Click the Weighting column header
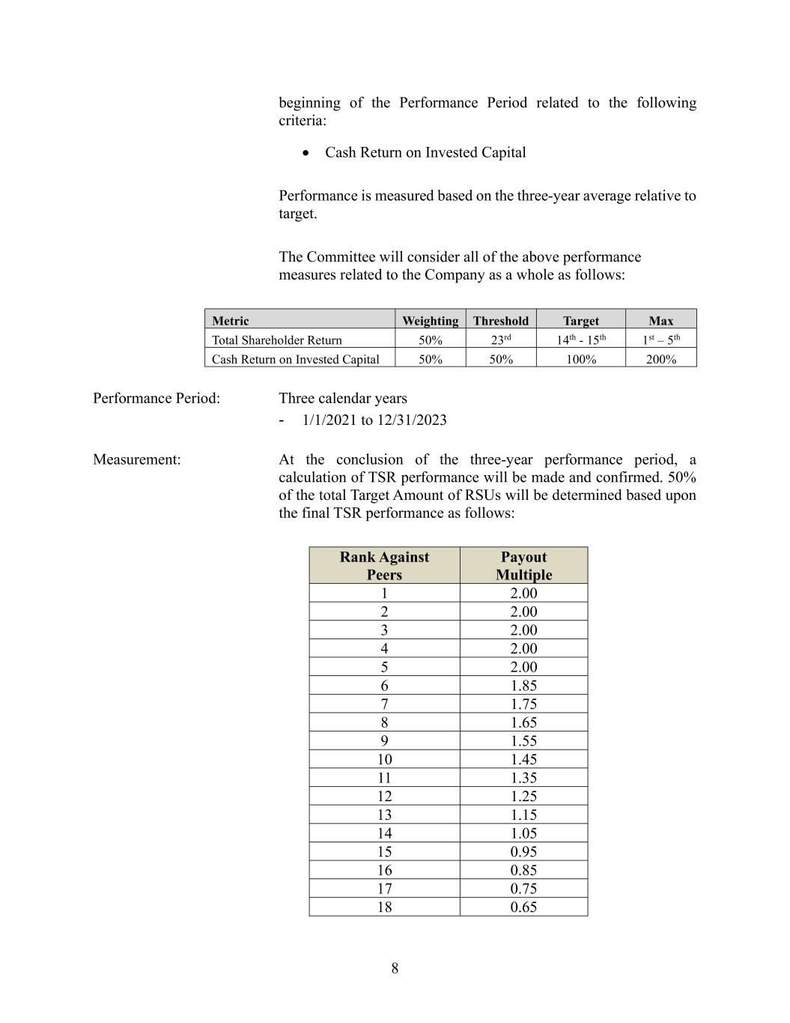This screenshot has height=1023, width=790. click(430, 321)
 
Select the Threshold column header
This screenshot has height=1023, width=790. click(501, 321)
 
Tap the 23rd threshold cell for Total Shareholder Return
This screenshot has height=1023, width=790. click(501, 340)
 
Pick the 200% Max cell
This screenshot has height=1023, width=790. click(660, 359)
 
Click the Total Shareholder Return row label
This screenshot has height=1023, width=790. click(276, 340)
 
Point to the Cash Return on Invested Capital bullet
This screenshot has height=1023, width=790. click(425, 152)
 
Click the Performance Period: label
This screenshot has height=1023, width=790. click(157, 398)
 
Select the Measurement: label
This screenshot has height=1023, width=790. click(137, 459)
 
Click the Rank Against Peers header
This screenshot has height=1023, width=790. click(384, 566)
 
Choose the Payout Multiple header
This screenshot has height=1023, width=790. click(523, 566)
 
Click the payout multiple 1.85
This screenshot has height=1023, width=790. click(523, 685)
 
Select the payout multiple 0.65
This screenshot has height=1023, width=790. click(523, 907)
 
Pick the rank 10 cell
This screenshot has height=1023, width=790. click(384, 759)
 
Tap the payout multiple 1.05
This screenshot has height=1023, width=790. click(523, 833)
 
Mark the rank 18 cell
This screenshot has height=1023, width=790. click(384, 907)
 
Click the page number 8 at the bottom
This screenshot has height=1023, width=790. click(395, 968)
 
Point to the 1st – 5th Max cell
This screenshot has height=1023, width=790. click(660, 340)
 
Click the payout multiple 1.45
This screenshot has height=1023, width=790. click(523, 759)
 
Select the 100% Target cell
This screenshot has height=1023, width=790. click(581, 359)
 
